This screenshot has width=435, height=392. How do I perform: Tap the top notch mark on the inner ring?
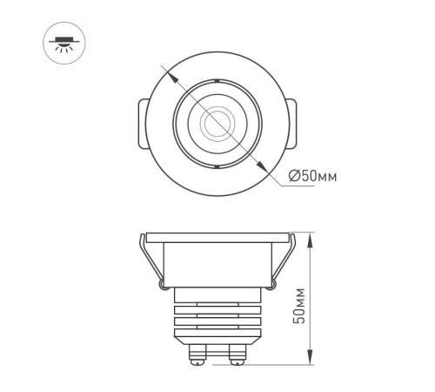coord(211,82)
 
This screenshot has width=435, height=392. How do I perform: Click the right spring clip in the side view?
coord(281,261)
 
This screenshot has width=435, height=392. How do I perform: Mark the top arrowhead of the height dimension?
coord(311,237)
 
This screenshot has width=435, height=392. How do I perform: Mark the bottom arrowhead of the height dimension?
coord(311,361)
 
